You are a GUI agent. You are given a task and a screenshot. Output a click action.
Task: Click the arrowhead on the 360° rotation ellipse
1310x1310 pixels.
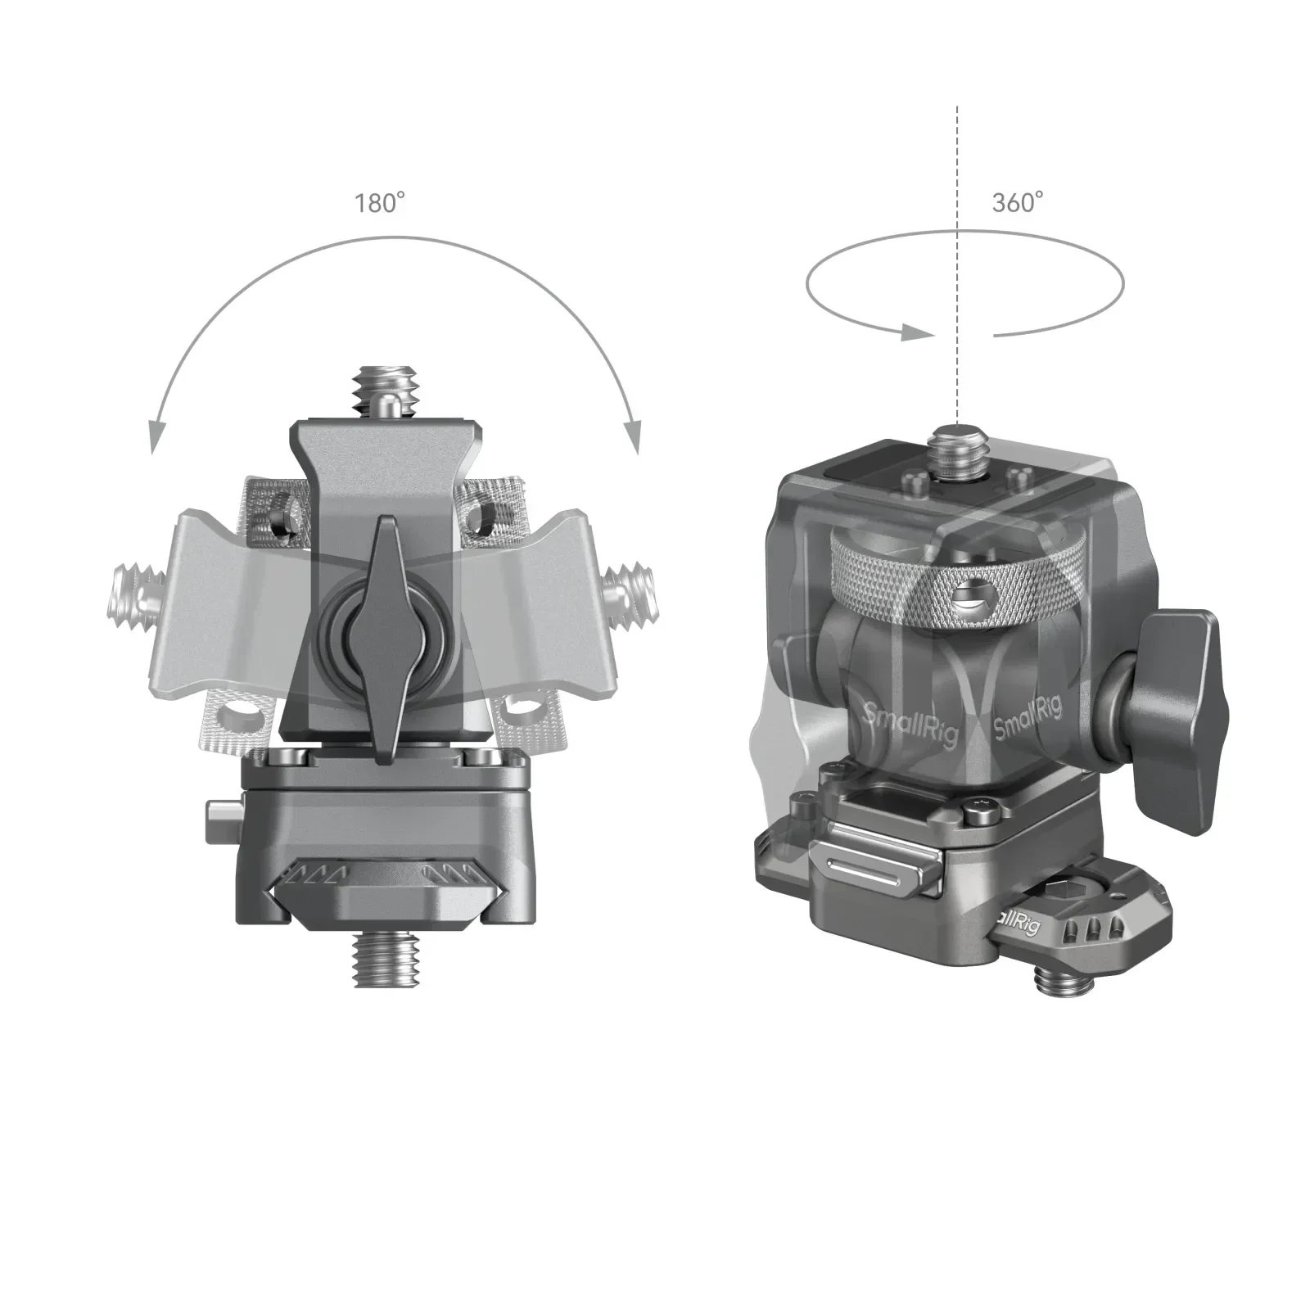point(916,332)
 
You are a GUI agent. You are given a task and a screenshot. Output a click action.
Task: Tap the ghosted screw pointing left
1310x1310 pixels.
point(131,594)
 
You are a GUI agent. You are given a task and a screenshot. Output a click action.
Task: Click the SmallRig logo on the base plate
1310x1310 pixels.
point(1015,925)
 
